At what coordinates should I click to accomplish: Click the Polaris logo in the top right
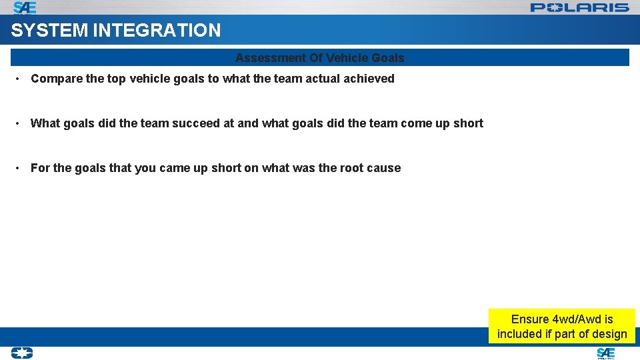coord(579,7)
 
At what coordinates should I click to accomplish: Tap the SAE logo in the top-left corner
coord(25,7)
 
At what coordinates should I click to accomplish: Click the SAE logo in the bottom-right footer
coord(605,353)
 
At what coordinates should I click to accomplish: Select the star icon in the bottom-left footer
coord(21,353)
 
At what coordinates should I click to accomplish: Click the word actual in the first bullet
coord(323,79)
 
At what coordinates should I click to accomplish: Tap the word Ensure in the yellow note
coord(530,319)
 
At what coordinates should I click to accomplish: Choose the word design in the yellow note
coord(610,334)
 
